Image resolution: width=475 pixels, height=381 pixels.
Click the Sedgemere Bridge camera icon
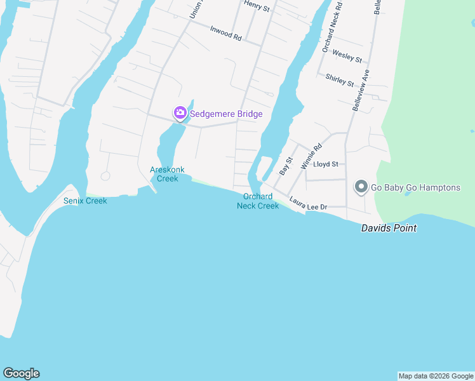pyautogui.click(x=180, y=114)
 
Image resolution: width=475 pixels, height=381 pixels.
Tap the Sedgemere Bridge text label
pyautogui.click(x=226, y=114)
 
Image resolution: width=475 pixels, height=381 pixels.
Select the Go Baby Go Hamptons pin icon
pyautogui.click(x=361, y=187)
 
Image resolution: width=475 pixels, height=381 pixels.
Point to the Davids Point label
pyautogui.click(x=389, y=228)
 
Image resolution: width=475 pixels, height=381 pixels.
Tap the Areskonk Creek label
pyautogui.click(x=164, y=174)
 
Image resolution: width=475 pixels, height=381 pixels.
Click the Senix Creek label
pyautogui.click(x=85, y=201)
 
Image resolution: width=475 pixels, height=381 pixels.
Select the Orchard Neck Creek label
pyautogui.click(x=258, y=201)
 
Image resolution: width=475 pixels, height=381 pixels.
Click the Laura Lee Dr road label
pyautogui.click(x=308, y=204)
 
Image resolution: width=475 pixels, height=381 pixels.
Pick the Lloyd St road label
pyautogui.click(x=326, y=164)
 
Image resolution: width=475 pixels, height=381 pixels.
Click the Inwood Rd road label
pyautogui.click(x=226, y=35)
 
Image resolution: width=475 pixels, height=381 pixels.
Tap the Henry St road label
pyautogui.click(x=257, y=8)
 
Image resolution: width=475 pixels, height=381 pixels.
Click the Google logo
pyautogui.click(x=21, y=373)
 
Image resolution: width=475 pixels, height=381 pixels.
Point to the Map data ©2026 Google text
pyautogui.click(x=436, y=376)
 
